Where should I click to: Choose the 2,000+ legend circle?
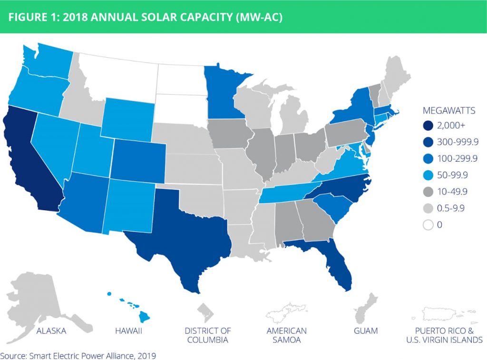click(x=427, y=125)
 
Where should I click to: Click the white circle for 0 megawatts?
click(x=427, y=225)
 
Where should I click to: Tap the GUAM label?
click(x=365, y=331)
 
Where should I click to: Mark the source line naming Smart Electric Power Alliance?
click(x=78, y=355)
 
